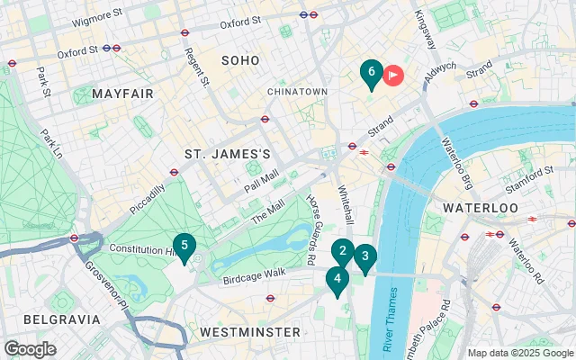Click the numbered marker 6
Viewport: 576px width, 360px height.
click(371, 73)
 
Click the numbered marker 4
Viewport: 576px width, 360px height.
click(337, 280)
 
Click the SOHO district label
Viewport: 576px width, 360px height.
click(240, 60)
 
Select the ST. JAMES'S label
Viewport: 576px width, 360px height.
click(228, 155)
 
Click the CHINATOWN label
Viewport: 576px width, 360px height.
click(297, 92)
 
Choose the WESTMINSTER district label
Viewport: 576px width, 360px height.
click(249, 332)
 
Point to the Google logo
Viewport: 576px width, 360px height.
click(30, 349)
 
